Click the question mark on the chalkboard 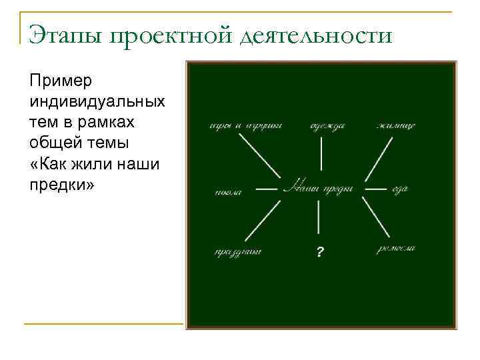pos(321,252)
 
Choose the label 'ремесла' pos(395,248)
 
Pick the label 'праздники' pos(237,252)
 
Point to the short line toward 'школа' pos(267,189)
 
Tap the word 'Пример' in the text pos(62,81)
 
